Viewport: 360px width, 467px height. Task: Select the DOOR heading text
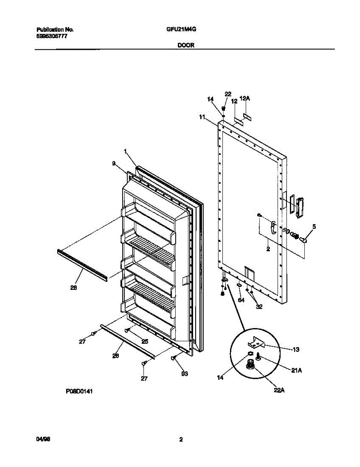coord(186,45)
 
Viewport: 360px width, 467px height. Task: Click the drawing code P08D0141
coord(79,393)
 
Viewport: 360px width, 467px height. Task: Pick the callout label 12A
coord(244,99)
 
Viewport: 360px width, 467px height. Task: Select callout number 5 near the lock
coord(314,226)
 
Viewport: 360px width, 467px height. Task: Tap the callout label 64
coord(241,300)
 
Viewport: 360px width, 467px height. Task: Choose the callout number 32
coord(259,306)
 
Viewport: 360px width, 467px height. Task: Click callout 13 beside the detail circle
coord(295,349)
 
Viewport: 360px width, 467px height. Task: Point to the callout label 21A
coord(297,371)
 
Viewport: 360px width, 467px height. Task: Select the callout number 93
coord(184,374)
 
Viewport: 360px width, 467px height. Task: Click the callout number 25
coord(144,341)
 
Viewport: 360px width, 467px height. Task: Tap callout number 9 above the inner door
coord(114,164)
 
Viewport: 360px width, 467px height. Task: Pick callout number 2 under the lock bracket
coord(268,249)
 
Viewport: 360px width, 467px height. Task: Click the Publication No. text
coord(55,30)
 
